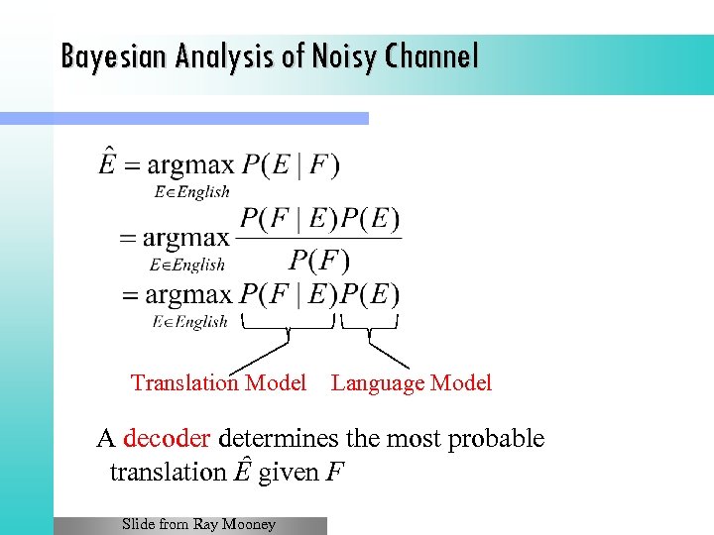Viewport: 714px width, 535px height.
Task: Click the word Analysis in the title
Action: (219, 56)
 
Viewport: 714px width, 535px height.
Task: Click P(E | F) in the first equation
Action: (291, 164)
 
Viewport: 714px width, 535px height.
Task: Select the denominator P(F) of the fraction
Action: (319, 261)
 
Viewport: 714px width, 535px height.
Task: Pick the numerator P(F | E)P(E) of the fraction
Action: (320, 218)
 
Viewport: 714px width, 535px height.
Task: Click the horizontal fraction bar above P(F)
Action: (320, 238)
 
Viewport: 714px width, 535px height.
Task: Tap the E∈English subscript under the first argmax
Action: (191, 192)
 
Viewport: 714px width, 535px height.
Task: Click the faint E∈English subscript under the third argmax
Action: (190, 321)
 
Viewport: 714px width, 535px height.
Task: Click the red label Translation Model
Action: (218, 383)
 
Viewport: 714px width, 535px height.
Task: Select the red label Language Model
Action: (412, 383)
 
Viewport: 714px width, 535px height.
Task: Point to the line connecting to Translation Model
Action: (260, 353)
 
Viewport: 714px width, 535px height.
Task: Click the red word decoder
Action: (167, 439)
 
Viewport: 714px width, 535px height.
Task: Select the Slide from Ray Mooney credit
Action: (198, 524)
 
